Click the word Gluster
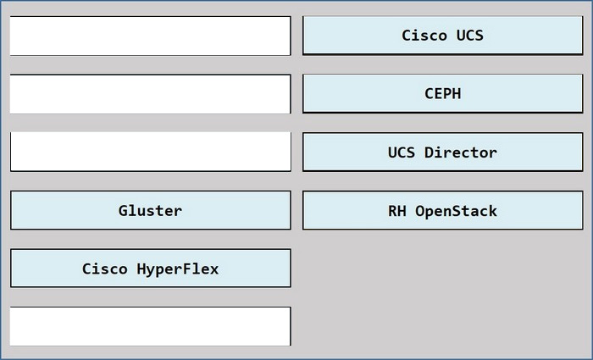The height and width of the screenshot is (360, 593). [150, 211]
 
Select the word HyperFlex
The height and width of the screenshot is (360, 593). [178, 269]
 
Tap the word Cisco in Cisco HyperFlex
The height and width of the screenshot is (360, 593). [105, 269]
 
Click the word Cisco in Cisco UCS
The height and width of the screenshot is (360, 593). [424, 36]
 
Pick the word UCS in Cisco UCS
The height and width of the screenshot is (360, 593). [470, 36]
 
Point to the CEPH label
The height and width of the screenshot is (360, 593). [443, 93]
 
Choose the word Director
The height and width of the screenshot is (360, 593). [461, 152]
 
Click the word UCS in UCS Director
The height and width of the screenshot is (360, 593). [402, 152]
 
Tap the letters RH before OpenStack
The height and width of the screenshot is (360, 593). [397, 211]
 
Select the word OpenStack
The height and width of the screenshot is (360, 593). [456, 211]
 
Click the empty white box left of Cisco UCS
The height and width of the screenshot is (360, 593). [151, 36]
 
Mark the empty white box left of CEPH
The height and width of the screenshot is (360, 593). [151, 94]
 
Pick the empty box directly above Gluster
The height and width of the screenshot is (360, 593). [151, 152]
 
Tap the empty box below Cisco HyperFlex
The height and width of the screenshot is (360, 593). [151, 326]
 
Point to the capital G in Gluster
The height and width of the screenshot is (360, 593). [123, 211]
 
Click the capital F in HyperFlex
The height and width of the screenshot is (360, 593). [187, 269]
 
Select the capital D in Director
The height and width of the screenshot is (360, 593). [429, 152]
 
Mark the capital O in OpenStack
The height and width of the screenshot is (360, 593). [420, 211]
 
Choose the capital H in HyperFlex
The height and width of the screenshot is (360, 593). [141, 269]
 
